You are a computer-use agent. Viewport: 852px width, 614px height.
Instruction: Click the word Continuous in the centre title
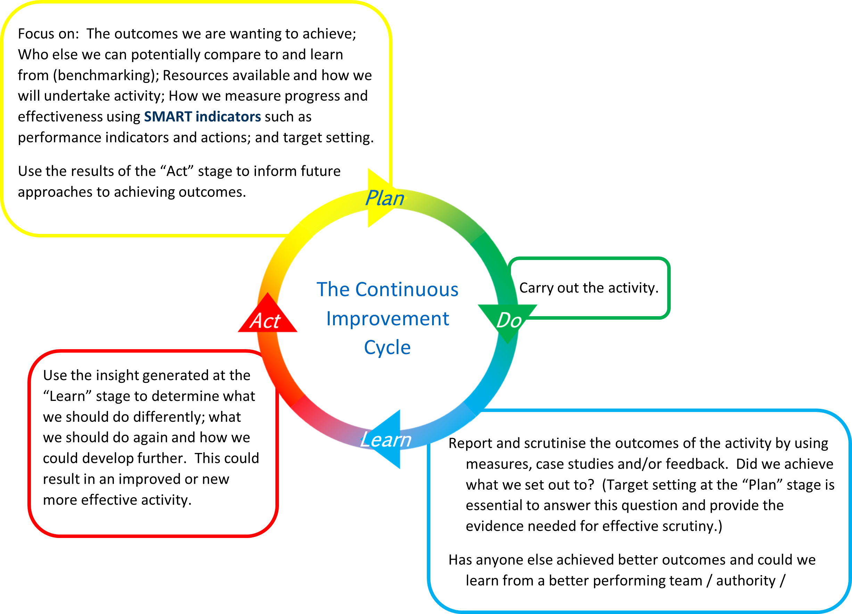[x=407, y=289]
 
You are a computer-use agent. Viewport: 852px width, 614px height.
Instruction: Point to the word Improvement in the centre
[x=387, y=319]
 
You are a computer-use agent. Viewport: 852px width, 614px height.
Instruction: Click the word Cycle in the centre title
[x=387, y=347]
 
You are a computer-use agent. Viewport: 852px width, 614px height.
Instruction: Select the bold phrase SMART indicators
[x=202, y=117]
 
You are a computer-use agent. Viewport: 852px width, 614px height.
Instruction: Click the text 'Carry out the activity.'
[x=589, y=288]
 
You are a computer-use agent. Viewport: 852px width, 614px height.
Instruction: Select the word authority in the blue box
[x=746, y=581]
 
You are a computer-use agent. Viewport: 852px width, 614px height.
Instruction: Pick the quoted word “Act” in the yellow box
[x=176, y=171]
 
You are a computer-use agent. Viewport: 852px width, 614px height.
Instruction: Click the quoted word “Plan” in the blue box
[x=762, y=485]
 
